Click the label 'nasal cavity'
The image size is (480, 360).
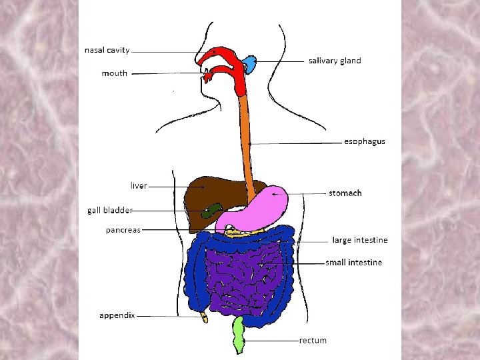107,50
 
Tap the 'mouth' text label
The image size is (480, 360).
114,73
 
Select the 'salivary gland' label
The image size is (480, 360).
335,61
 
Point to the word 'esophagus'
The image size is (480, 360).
364,141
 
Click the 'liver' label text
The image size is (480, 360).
139,185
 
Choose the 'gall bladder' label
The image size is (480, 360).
110,210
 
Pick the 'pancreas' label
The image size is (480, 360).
123,230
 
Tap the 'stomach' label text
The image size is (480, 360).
345,193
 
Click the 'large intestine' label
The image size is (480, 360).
360,240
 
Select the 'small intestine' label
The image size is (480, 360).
353,263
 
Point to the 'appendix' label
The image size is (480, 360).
117,315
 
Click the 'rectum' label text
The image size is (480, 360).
313,341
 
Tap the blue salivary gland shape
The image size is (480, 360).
250,65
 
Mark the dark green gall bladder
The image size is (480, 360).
211,212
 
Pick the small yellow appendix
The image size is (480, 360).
204,317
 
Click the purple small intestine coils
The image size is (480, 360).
243,277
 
